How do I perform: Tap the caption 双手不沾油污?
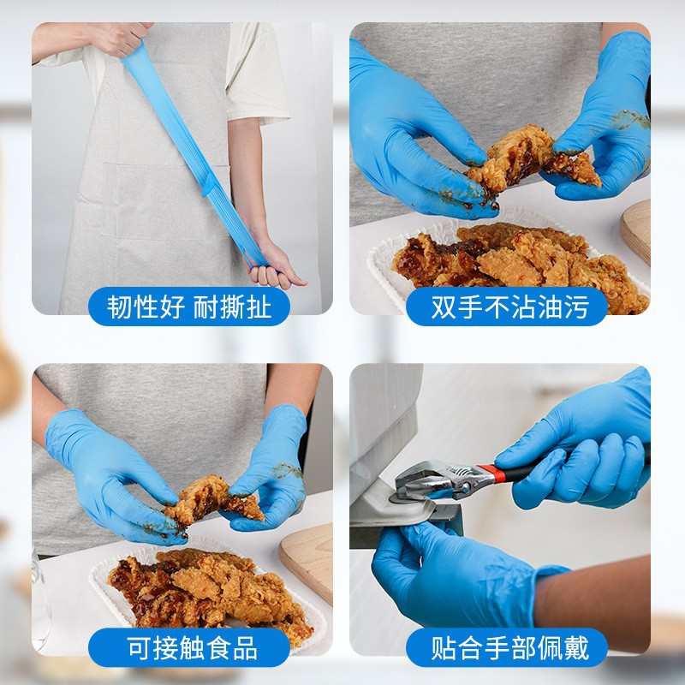pos(509,307)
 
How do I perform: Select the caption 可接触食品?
pos(191,646)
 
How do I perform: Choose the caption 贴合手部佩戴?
pos(509,646)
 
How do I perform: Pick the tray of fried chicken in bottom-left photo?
pos(210,591)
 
